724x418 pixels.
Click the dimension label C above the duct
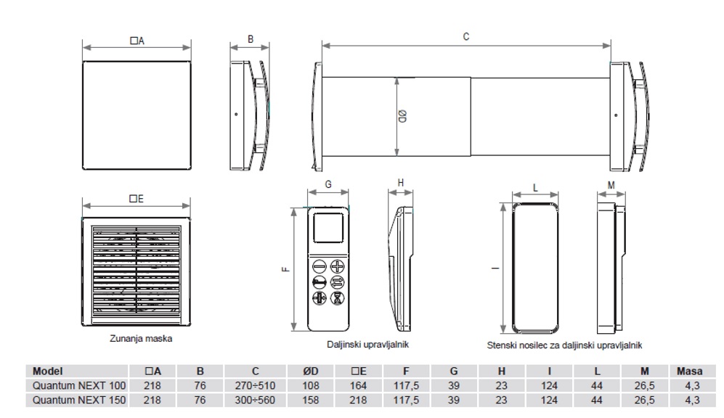click(465, 36)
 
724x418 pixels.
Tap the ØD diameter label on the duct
click(404, 118)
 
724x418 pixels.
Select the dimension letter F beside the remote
click(285, 269)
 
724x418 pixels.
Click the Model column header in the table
click(48, 371)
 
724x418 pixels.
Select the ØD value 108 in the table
click(311, 385)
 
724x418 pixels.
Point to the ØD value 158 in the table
click(311, 399)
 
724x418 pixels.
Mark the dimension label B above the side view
click(250, 40)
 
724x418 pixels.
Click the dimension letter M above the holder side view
click(611, 185)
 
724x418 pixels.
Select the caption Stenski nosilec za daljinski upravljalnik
click(564, 346)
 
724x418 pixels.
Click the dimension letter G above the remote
click(328, 185)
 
